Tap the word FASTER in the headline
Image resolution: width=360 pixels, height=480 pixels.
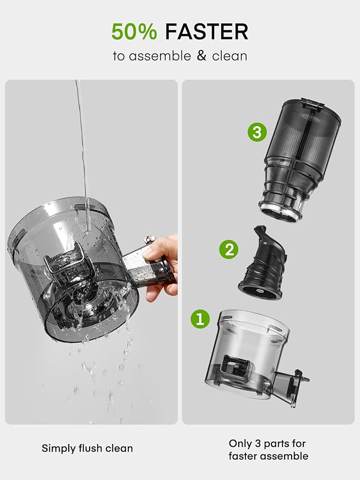coord(206,32)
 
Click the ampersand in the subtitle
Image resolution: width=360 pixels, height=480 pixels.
coord(202,56)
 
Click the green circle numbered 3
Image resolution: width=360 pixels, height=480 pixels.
coord(256,132)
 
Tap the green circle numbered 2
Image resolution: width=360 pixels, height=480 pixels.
coord(229,250)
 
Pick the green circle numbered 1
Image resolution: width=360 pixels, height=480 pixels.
coord(199,318)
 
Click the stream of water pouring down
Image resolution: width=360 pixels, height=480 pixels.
coord(82,142)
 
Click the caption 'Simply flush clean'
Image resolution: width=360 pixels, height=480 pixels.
coord(87,448)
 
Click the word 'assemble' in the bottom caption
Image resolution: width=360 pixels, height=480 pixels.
coord(287,456)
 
